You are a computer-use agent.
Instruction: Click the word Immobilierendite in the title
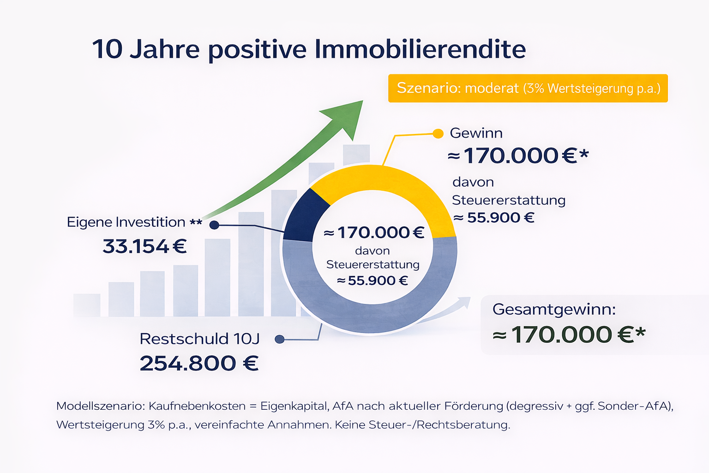click(x=420, y=49)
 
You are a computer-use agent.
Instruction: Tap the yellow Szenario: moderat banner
click(x=528, y=88)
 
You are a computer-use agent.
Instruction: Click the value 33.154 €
click(x=144, y=246)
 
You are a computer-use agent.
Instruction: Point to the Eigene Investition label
click(x=126, y=222)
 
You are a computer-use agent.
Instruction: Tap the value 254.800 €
click(x=199, y=363)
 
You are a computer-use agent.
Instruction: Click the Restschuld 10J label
click(x=199, y=339)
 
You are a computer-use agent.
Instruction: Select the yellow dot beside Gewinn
click(x=438, y=134)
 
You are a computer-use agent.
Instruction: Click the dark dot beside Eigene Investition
click(x=214, y=225)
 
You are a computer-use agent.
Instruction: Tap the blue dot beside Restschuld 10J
click(x=279, y=339)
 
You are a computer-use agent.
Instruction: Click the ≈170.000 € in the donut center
click(x=374, y=232)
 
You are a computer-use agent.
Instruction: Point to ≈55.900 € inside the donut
click(x=373, y=280)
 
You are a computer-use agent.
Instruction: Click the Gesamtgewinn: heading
click(x=554, y=309)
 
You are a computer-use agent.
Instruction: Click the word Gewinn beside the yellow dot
click(x=476, y=133)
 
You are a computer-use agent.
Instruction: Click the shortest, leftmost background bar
click(x=87, y=305)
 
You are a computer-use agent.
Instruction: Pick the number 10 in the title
click(x=107, y=49)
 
